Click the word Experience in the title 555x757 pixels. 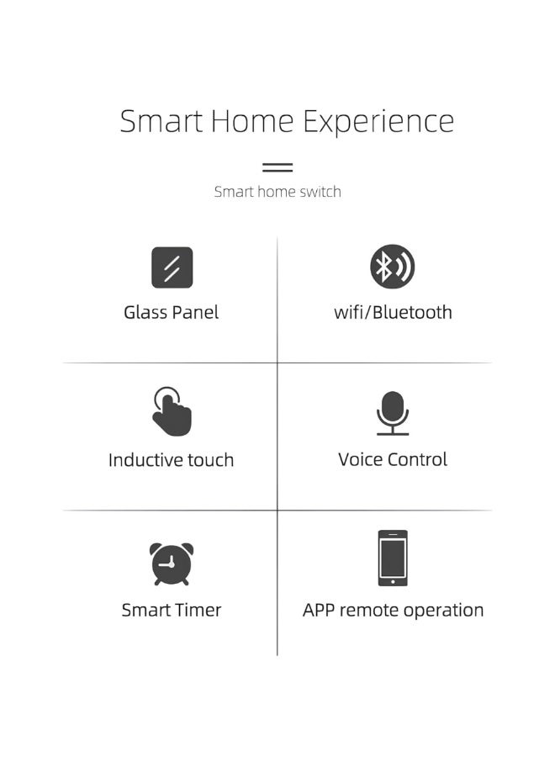[x=378, y=122]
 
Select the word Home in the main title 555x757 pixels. [x=251, y=121]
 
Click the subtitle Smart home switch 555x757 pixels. [x=277, y=192]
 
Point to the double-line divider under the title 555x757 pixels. [x=277, y=167]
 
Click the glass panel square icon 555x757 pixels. [x=172, y=267]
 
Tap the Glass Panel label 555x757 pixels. [x=171, y=312]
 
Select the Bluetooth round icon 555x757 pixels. [x=393, y=267]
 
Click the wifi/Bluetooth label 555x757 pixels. [x=393, y=312]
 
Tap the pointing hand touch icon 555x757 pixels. [x=172, y=411]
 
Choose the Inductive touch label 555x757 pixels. [x=171, y=460]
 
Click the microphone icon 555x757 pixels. [x=393, y=412]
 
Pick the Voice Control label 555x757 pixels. [x=393, y=459]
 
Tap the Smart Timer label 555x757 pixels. [x=171, y=610]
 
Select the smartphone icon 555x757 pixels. [x=393, y=558]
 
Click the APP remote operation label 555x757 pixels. [x=393, y=611]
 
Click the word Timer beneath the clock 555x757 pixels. [x=198, y=610]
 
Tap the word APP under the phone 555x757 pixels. [x=320, y=611]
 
